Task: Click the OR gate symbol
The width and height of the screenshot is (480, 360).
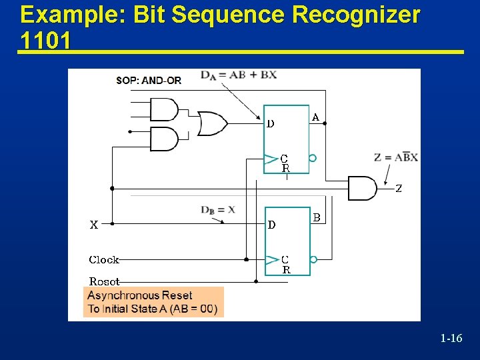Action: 213,123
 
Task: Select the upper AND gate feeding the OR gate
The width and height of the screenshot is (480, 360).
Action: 164,109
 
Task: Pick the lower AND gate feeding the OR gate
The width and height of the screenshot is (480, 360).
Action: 164,139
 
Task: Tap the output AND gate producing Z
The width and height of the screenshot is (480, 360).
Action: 362,188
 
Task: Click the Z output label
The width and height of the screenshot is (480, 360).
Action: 399,189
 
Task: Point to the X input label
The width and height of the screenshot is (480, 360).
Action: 94,225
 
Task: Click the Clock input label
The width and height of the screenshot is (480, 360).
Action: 104,259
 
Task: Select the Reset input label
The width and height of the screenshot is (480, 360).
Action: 104,281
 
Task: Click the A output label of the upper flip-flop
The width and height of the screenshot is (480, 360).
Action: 315,118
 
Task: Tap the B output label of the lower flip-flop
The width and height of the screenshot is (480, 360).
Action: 317,217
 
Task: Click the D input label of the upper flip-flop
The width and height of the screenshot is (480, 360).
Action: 271,123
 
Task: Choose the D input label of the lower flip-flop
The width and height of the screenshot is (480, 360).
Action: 271,225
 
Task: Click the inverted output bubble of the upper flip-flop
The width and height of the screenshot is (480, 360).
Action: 313,159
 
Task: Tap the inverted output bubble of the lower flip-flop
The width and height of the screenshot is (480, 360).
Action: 313,259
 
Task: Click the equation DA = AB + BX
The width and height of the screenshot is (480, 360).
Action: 239,75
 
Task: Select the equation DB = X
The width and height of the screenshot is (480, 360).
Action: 218,209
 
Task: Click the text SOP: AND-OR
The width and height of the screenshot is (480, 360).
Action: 149,81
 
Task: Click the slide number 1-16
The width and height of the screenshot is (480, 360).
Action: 451,339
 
